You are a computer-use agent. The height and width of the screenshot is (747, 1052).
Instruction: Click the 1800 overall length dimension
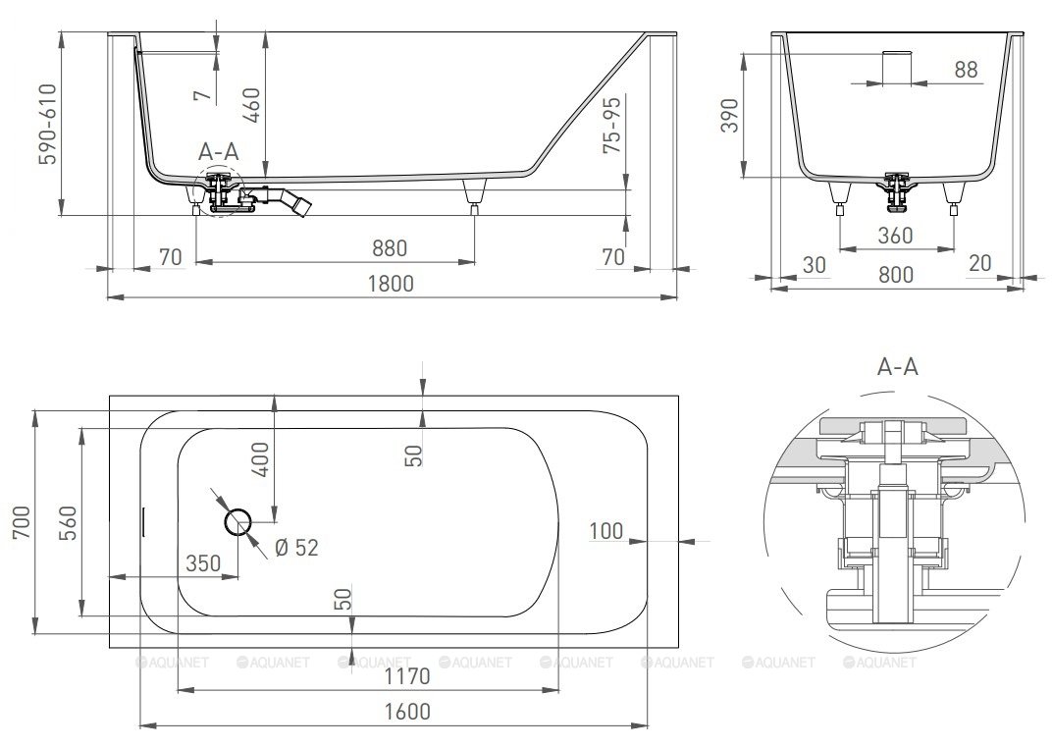click(391, 284)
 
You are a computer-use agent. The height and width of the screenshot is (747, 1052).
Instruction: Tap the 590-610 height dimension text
click(48, 124)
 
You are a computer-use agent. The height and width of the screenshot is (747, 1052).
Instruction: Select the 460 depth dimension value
click(251, 105)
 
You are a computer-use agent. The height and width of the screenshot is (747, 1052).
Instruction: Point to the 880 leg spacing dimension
click(390, 248)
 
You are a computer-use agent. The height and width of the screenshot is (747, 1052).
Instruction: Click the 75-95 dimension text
click(612, 124)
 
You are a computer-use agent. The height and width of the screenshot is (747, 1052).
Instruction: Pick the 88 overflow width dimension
click(966, 69)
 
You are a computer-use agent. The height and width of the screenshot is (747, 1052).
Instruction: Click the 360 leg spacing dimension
click(896, 235)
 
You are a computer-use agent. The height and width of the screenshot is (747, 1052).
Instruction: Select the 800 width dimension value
click(896, 274)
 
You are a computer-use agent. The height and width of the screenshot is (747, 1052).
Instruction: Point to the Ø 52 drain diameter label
click(296, 548)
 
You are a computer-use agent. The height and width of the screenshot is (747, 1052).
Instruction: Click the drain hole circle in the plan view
click(237, 521)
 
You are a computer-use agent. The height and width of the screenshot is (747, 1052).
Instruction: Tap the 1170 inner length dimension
click(407, 676)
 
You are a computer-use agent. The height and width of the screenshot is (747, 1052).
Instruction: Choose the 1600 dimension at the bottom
click(407, 712)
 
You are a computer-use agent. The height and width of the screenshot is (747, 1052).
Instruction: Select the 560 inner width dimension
click(68, 523)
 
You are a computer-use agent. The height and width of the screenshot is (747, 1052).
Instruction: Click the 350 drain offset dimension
click(203, 563)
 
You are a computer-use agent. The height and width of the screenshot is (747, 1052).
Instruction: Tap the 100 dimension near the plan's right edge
click(605, 531)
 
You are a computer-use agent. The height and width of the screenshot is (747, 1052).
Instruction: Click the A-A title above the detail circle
click(898, 366)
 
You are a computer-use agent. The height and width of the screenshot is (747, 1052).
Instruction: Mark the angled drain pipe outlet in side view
click(295, 201)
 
